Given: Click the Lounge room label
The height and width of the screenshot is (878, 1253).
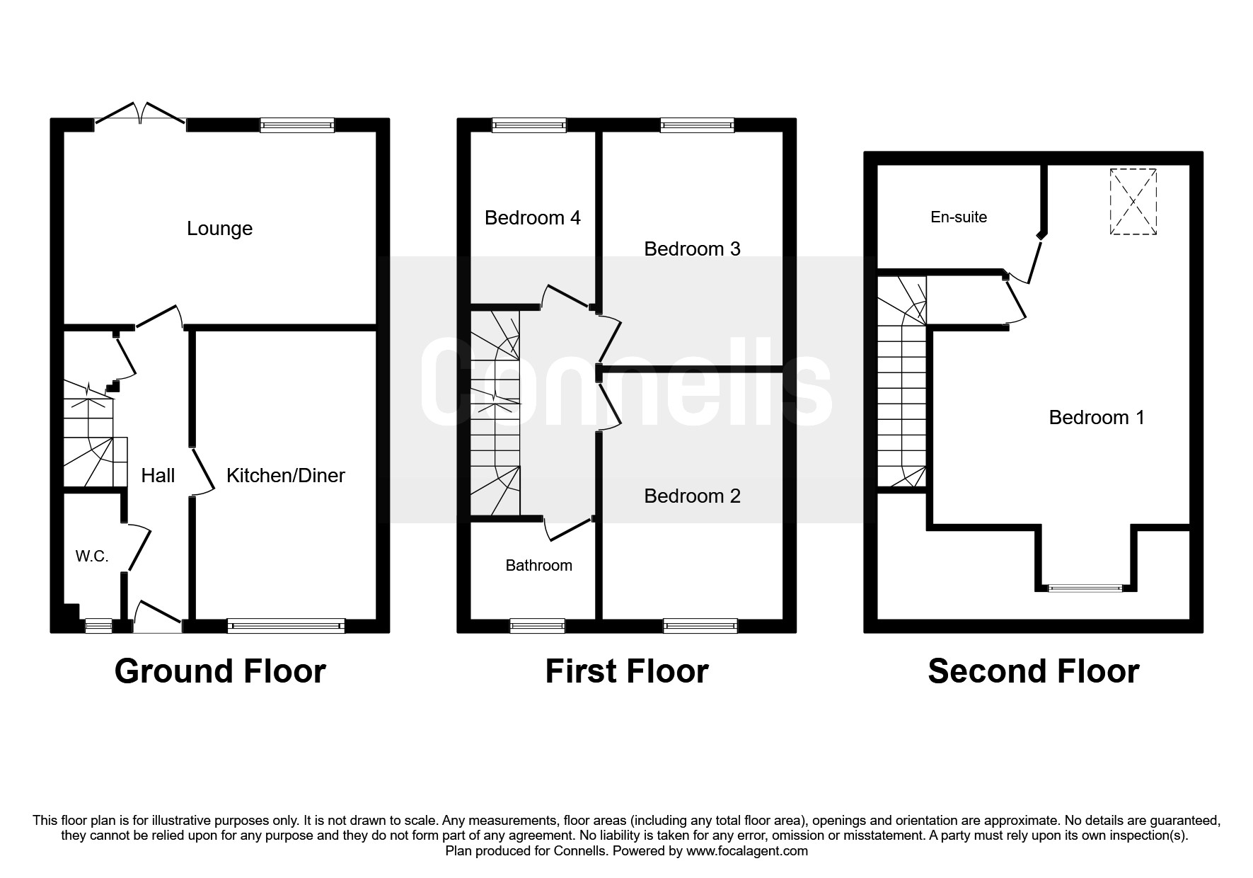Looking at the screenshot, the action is pos(219,229).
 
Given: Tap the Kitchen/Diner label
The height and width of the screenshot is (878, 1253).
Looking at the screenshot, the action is pos(286,475).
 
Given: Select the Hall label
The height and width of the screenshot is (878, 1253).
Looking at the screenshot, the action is pos(158,475).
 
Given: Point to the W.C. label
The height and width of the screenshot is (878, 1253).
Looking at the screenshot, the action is pos(92,557).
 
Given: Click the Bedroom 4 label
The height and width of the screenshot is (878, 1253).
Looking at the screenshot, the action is pos(533,217).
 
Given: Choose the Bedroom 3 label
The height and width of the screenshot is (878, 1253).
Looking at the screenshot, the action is pos(692,249).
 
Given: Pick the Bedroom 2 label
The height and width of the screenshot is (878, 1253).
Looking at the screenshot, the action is pos(692,496).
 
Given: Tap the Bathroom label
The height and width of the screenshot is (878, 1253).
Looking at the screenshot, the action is pos(538,565).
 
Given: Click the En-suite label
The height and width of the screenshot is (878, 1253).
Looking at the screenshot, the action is pos(959,217).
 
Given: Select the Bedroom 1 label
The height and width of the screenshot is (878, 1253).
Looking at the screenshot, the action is pos(1097,417).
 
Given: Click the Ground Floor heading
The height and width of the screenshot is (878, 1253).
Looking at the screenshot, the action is pos(220,671).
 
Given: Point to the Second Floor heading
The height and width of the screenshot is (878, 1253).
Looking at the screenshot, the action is pos(1034,671).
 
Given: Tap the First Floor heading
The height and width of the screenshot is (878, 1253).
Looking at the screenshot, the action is pos(627,671).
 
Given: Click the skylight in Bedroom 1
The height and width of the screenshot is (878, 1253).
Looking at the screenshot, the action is pos(1133,202).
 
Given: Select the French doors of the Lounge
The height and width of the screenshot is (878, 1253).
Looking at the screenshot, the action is pos(142,118).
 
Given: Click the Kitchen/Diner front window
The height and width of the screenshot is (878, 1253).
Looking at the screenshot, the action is pos(286,626).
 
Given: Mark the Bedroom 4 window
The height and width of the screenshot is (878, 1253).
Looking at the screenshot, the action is pos(529,125).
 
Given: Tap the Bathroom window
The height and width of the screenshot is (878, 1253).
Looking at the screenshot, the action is pos(538,626).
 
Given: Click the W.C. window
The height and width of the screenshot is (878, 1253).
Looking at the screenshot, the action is pos(98,626).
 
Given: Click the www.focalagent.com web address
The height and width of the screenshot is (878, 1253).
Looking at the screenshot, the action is pos(746,851).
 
